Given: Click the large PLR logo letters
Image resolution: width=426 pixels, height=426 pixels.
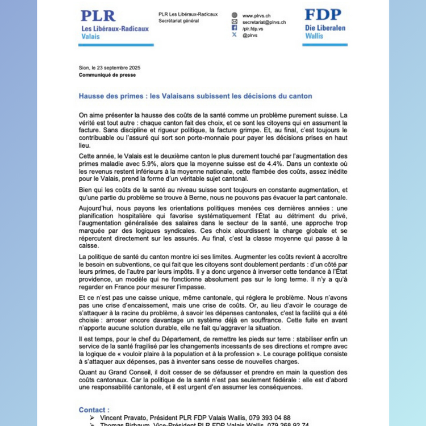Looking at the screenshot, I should (98, 16).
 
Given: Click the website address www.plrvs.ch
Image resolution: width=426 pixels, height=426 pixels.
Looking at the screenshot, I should (256, 15).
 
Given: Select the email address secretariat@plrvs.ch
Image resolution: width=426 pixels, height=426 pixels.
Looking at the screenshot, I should (264, 22).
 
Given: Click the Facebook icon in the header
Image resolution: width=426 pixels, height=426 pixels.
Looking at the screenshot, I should (234, 28).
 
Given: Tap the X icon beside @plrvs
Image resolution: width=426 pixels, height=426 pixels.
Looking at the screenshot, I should (234, 35).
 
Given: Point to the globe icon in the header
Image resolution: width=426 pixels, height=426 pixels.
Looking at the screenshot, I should (234, 15).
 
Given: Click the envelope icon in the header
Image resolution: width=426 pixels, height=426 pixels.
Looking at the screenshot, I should (234, 22).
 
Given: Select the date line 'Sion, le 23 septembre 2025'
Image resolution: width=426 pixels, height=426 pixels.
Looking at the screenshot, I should (110, 68).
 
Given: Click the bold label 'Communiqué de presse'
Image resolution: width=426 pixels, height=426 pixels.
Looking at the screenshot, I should (107, 74).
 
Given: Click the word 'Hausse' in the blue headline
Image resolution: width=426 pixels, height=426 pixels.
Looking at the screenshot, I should (93, 96).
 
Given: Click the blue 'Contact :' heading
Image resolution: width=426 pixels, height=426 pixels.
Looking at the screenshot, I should (94, 410).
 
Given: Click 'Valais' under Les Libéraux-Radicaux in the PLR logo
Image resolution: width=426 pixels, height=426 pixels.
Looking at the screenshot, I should (90, 36).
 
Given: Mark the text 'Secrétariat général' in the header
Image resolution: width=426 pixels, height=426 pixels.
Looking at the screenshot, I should (178, 21).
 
